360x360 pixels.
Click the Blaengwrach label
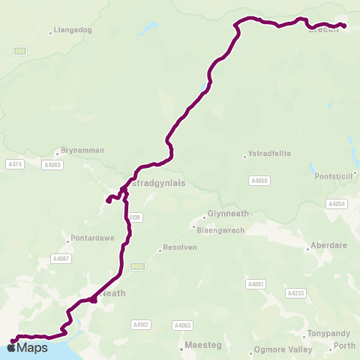point(221,229)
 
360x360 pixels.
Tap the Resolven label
point(177,249)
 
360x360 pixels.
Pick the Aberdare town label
point(328,248)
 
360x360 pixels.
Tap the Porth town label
point(345,346)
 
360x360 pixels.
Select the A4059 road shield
point(259,181)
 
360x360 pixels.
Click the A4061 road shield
point(256,284)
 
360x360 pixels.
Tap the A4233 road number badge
point(298,294)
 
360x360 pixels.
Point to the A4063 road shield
point(182,325)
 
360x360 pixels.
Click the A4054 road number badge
point(337,204)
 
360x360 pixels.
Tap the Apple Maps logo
point(28,347)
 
